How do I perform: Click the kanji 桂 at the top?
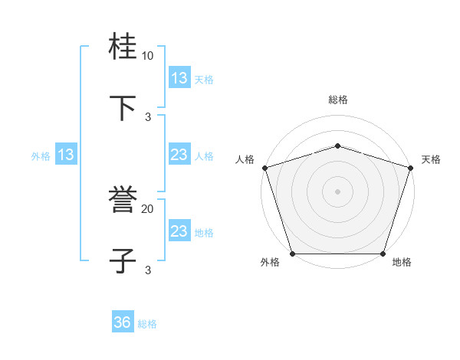click(123, 47)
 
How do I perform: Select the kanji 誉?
click(123, 201)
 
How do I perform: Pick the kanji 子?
click(123, 261)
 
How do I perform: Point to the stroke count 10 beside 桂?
click(147, 56)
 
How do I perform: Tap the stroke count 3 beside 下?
click(148, 116)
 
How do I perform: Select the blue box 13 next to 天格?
click(179, 78)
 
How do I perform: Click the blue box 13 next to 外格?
click(66, 155)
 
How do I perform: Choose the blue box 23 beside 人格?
click(179, 155)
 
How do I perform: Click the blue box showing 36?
click(123, 323)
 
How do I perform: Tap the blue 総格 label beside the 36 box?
click(147, 324)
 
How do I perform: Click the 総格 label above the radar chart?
click(337, 100)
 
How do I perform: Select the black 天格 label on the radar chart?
click(431, 159)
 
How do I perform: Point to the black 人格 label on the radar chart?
click(245, 159)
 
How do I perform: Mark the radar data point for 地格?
click(383, 254)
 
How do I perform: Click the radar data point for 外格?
click(292, 254)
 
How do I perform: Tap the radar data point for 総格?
click(337, 146)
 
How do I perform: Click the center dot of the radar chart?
click(337, 191)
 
